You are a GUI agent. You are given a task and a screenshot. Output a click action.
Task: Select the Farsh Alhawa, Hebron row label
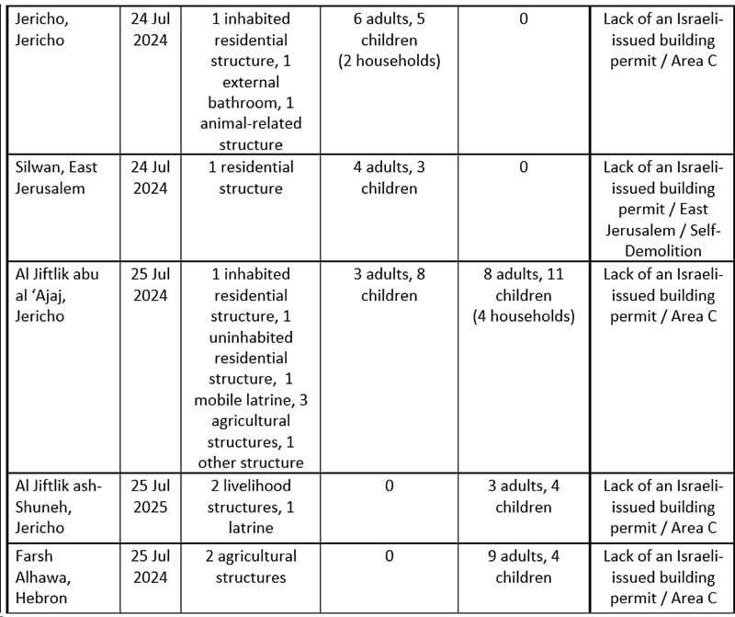(x=47, y=577)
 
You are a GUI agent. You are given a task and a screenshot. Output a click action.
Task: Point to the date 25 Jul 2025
(x=150, y=497)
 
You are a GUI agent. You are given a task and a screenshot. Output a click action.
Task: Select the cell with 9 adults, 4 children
(x=523, y=566)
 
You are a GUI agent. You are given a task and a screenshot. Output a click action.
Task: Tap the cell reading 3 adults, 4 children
(x=523, y=497)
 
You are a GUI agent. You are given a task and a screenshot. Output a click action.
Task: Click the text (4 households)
(x=524, y=316)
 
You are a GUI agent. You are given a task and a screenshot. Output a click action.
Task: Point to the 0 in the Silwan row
(x=523, y=167)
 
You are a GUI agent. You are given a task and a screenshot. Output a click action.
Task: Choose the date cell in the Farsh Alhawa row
(x=150, y=566)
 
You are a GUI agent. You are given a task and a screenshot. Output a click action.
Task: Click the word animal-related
(x=251, y=123)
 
